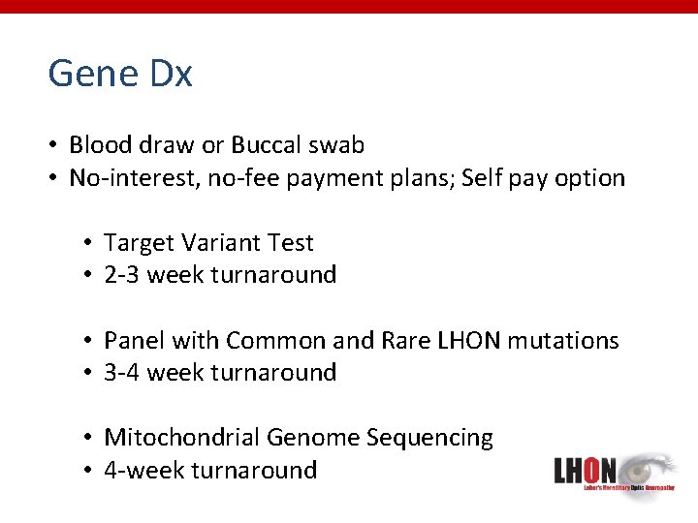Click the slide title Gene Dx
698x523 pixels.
click(120, 74)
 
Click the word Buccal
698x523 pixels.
click(267, 145)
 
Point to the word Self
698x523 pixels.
click(482, 178)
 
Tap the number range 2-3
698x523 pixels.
click(120, 275)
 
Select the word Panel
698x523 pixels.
click(133, 341)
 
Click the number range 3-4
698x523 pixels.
click(120, 373)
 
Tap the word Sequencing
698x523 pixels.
click(429, 438)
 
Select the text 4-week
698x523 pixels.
click(144, 471)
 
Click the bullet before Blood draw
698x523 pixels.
click(55, 146)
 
